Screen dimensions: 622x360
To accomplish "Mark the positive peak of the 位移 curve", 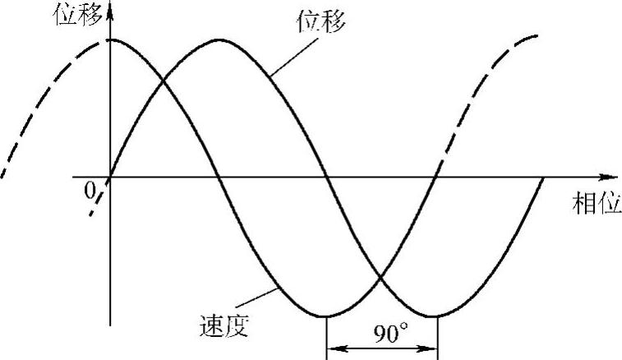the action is [218, 39].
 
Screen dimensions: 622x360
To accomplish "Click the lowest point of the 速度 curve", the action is [327, 316].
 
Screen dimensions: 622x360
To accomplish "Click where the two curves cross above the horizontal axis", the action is [164, 80].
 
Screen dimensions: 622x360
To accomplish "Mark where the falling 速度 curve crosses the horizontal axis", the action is [218, 177].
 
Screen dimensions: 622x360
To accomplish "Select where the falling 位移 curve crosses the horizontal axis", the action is [327, 177].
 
